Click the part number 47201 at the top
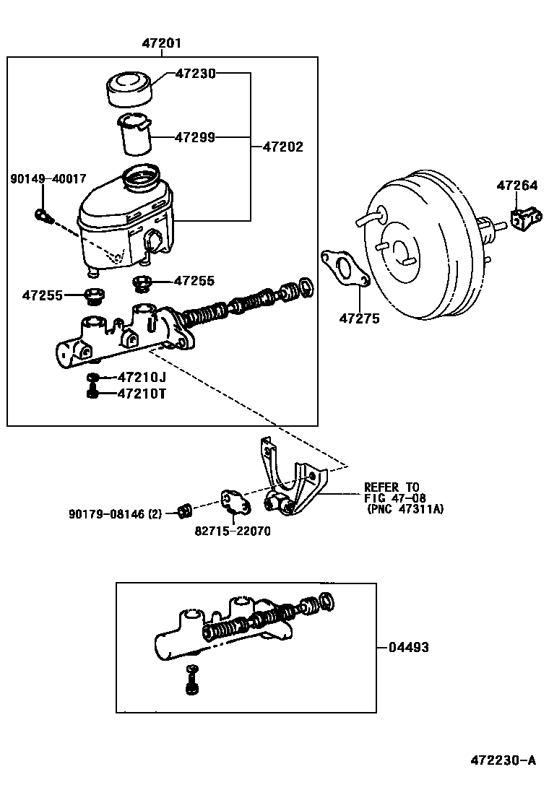(x=162, y=43)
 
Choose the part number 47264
(x=516, y=186)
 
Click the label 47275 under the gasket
(x=360, y=318)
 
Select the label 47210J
(x=142, y=377)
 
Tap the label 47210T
(x=142, y=394)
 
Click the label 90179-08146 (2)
(x=116, y=513)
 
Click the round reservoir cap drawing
(x=130, y=89)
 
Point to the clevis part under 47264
(x=525, y=217)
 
